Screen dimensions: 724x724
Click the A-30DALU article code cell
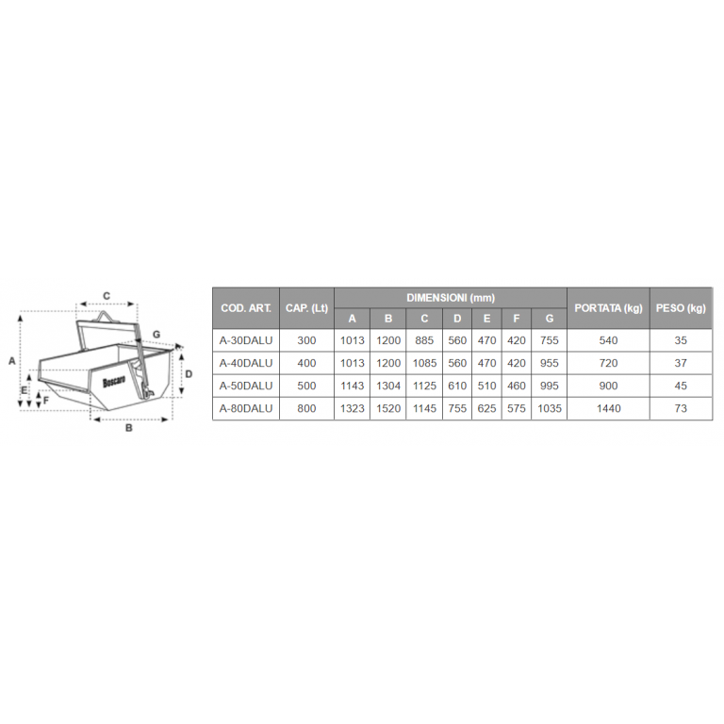246,340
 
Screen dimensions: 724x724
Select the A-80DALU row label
246,408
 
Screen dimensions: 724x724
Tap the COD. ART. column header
246,308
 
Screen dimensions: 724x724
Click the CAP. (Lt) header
306,308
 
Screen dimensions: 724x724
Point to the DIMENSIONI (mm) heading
451,298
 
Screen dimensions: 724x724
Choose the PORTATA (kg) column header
608,308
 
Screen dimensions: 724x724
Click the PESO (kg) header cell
681,308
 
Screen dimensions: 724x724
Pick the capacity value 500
306,386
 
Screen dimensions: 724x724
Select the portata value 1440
608,408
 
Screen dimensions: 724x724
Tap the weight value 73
681,408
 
